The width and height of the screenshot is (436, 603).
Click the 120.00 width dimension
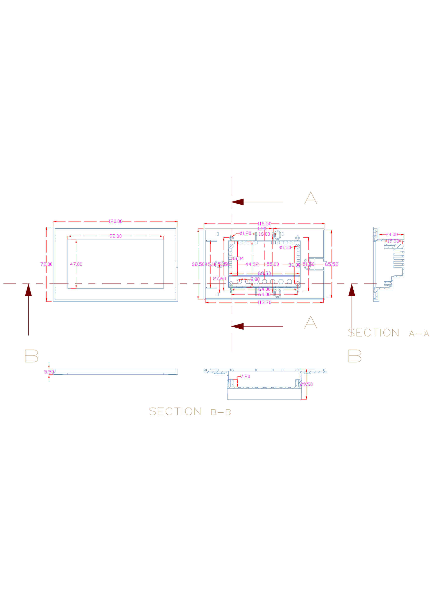(x=115, y=221)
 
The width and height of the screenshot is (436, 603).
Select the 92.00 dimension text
(x=115, y=236)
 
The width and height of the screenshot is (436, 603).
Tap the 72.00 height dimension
(x=46, y=264)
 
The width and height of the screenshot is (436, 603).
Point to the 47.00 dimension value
(x=76, y=264)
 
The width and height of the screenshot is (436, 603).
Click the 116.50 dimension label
(x=264, y=224)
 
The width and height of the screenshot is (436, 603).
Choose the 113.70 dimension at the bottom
(x=264, y=302)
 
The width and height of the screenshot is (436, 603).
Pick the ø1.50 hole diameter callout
(x=285, y=247)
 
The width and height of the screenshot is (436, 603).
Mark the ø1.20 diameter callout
(x=245, y=233)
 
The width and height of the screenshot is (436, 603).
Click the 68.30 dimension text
(x=264, y=273)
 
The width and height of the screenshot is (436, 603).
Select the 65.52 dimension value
(x=331, y=264)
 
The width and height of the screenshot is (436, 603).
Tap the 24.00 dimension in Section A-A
(x=391, y=234)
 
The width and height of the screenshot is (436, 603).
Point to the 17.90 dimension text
(x=393, y=241)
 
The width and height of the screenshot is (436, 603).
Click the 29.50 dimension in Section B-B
(x=306, y=384)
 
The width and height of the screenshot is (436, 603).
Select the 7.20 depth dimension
(x=245, y=376)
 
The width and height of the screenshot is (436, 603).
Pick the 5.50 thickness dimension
(x=49, y=372)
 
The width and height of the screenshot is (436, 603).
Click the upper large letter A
(x=311, y=198)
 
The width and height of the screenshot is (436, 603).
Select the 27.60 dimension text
(x=219, y=278)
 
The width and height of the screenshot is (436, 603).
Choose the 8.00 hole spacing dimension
(x=255, y=279)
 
